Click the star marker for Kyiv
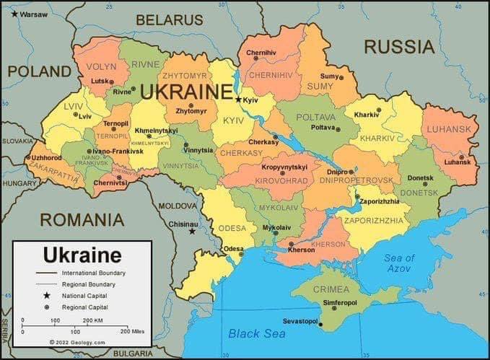239,100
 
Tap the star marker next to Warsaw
14,14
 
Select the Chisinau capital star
192,232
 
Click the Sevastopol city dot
320,325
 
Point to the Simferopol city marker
333,308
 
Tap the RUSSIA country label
399,47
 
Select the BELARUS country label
170,19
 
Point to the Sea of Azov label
399,263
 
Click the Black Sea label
257,333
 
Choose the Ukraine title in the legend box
82,255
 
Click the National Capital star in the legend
47,295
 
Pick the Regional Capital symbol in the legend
47,307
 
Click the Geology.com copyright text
77,342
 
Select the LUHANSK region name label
448,129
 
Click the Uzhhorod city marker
29,157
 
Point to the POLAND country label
40,71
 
